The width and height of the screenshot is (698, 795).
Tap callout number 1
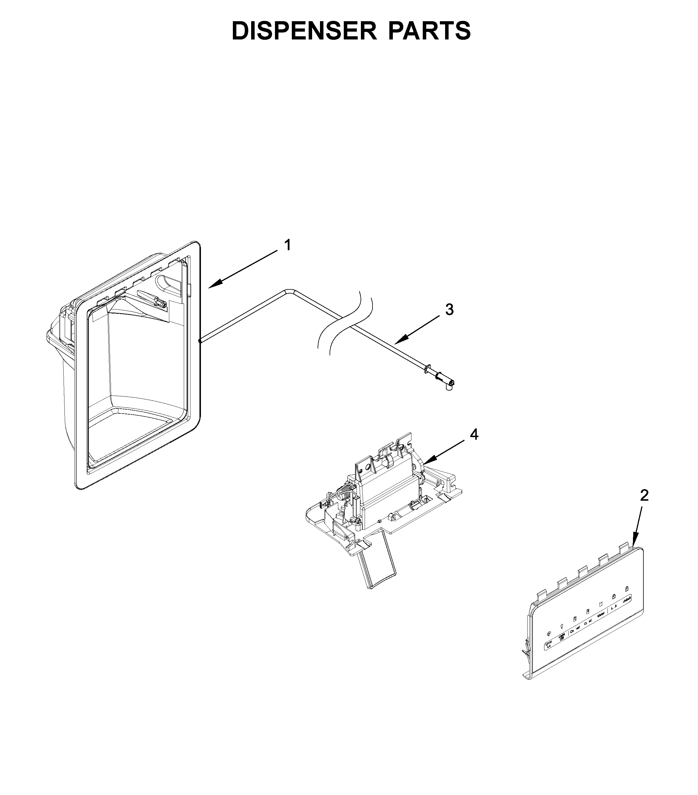point(287,246)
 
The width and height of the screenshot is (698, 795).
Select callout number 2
point(644,495)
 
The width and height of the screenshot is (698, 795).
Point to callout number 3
point(449,310)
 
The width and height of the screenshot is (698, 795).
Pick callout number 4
point(474,435)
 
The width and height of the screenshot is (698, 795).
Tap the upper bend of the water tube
point(290,290)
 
